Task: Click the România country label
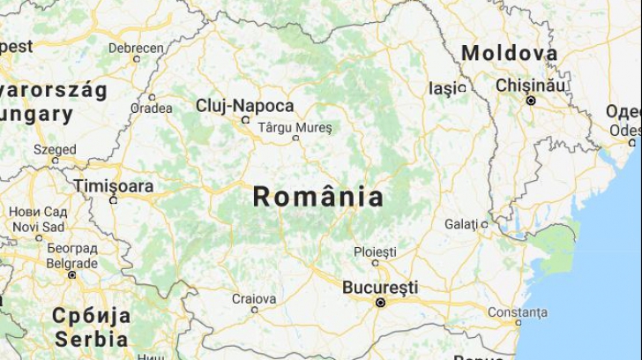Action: coord(318,197)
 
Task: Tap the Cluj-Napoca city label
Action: coord(244,106)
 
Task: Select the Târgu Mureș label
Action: coord(295,128)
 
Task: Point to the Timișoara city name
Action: coord(113,186)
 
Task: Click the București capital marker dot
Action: coord(380,303)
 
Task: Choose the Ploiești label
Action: coord(375,252)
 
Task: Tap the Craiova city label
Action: coord(254,298)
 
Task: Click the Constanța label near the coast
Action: coord(517,312)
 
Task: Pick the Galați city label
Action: coord(460,224)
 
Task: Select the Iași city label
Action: coord(444,88)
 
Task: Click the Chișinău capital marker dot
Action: coord(530,101)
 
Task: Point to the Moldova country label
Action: coord(510,53)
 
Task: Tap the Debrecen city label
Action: coord(136,48)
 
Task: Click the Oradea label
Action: coord(151,108)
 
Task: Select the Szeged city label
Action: coord(55,149)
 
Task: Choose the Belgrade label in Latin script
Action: coord(71,263)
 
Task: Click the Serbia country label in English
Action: coord(91,338)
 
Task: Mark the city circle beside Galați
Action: coord(484,224)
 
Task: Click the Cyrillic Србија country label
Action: coord(91,316)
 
